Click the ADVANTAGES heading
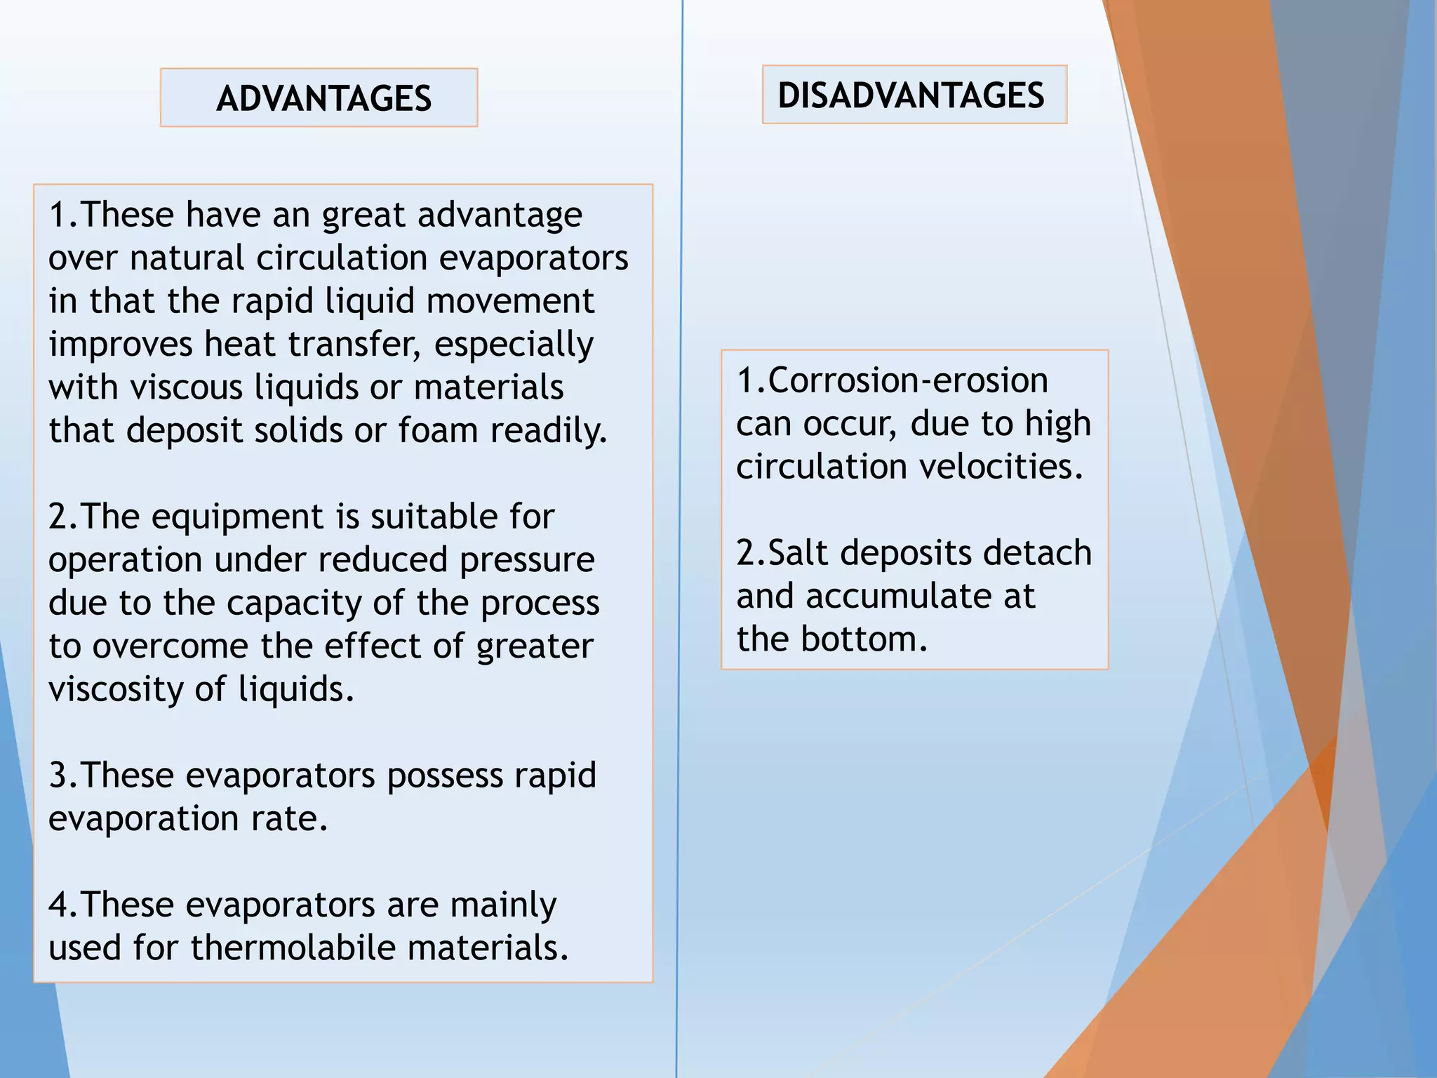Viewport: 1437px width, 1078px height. click(323, 98)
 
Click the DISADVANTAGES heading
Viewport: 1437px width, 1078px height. click(911, 95)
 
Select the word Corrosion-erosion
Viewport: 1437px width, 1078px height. click(908, 380)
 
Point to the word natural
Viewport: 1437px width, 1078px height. click(186, 258)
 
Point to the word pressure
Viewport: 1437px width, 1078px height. click(526, 560)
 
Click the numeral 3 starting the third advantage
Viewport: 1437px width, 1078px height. click(58, 776)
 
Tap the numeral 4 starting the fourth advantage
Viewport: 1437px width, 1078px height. click(58, 905)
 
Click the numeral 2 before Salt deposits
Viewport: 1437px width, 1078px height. click(746, 553)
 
